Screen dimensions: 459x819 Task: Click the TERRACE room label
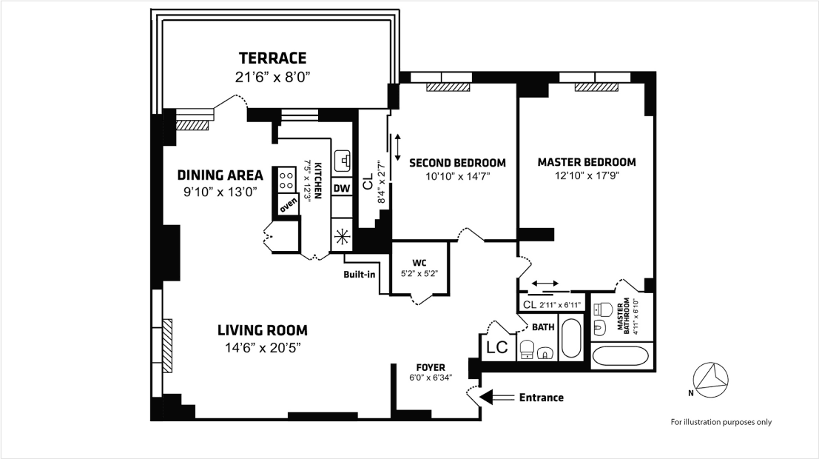(272, 58)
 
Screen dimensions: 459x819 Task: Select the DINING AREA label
(220, 175)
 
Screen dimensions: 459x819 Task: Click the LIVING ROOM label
(262, 330)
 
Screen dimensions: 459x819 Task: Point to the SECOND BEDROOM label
(457, 163)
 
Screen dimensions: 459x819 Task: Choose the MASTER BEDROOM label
(586, 162)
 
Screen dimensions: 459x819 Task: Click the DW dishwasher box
(341, 189)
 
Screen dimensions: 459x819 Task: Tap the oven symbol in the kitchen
(288, 202)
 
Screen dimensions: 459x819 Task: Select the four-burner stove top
(286, 178)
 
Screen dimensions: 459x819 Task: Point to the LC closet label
(496, 347)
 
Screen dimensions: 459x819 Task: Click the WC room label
(419, 262)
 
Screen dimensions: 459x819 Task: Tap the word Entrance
(541, 398)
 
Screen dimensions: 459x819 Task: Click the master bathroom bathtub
(622, 356)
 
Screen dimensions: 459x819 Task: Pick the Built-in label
(359, 275)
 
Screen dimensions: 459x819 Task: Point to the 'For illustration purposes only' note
(721, 422)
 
